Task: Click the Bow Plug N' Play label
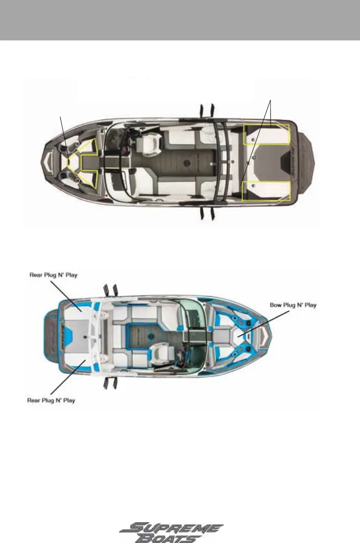(x=292, y=305)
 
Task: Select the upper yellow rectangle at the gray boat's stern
(x=266, y=134)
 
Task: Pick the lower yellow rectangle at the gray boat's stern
(x=266, y=190)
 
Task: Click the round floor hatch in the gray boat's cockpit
(x=186, y=162)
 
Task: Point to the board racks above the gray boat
(x=205, y=110)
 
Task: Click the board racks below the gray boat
(x=206, y=213)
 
